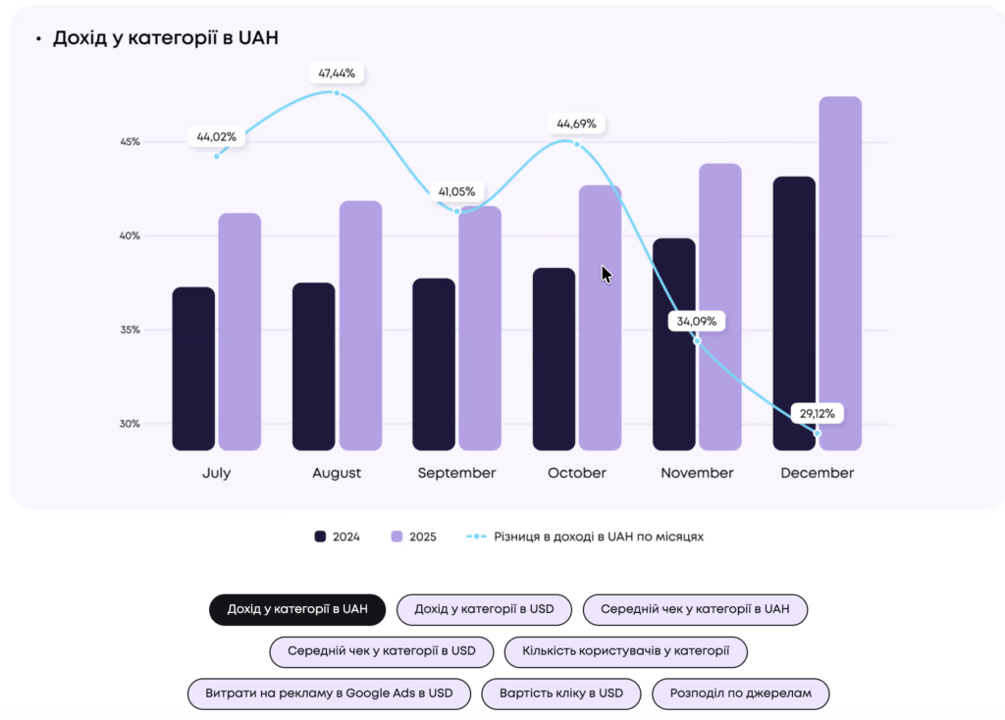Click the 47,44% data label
(337, 73)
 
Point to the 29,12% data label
(816, 413)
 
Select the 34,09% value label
(697, 321)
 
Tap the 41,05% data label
(456, 191)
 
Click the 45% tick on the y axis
(131, 142)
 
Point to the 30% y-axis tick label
(131, 424)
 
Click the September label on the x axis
(456, 473)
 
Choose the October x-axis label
(577, 473)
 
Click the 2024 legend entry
(337, 537)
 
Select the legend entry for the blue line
(585, 537)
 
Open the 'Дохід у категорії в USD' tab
(484, 609)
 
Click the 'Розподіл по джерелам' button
(741, 694)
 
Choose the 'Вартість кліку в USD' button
(561, 694)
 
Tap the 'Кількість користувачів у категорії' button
(625, 651)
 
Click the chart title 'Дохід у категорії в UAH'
(166, 38)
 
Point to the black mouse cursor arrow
(607, 274)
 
